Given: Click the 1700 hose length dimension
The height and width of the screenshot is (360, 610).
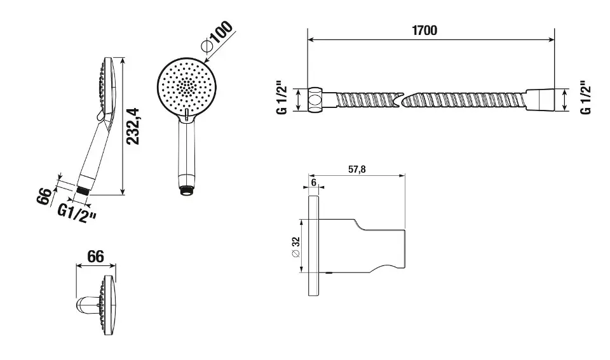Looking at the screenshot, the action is [424, 30].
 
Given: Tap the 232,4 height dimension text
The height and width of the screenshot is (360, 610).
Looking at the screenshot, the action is [135, 127].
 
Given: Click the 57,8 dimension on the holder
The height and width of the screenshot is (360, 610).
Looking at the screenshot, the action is [356, 170].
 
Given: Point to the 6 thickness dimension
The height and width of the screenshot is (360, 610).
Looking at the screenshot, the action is [313, 182].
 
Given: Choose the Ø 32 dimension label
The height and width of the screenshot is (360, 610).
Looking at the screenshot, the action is [295, 247].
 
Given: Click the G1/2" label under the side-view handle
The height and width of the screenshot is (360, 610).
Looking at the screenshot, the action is [77, 214].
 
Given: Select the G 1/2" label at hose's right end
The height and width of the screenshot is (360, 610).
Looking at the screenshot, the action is [585, 98].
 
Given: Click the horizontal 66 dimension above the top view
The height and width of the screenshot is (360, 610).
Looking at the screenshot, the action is [96, 257].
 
